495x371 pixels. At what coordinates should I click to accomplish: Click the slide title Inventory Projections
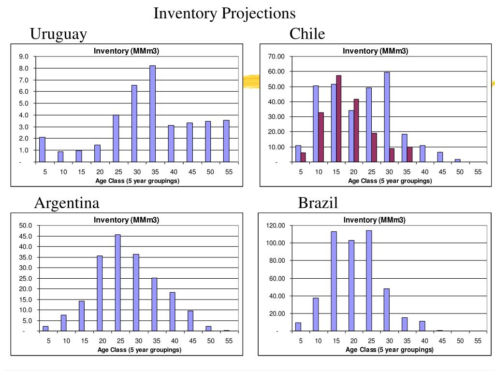point(224,13)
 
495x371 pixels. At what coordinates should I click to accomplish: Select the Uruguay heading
point(58,34)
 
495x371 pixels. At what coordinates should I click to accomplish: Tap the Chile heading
point(307,34)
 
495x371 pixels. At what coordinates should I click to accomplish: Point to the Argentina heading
point(67,203)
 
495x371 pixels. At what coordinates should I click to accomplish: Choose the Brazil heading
point(318,203)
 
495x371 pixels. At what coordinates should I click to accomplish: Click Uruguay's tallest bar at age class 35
point(152,114)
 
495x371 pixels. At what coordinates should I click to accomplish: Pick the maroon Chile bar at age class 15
point(338,118)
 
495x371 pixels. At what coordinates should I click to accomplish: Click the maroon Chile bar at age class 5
point(303,157)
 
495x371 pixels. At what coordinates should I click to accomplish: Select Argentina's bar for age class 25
point(117,283)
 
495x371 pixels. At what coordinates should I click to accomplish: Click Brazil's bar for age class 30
point(387,310)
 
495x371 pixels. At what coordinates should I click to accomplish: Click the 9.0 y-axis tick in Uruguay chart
point(24,57)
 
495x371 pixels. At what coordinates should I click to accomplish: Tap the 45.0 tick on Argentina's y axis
point(25,236)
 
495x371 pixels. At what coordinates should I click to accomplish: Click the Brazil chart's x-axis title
point(390,350)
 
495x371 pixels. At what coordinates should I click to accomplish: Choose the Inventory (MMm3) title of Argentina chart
point(126,220)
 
